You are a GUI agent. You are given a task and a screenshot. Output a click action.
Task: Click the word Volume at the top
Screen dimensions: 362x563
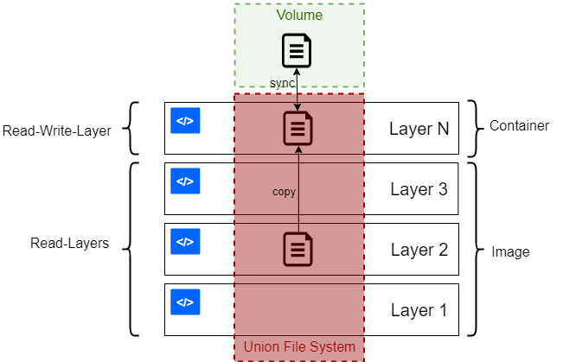pyautogui.click(x=298, y=16)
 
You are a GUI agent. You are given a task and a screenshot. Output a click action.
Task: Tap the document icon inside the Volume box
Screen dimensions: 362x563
pyautogui.click(x=297, y=50)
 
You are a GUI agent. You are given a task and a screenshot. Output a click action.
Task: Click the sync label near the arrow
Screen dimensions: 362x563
pyautogui.click(x=282, y=82)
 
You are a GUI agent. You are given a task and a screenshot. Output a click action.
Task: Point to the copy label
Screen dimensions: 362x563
pyautogui.click(x=284, y=192)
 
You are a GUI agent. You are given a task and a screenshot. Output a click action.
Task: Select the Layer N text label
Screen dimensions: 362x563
pyautogui.click(x=419, y=129)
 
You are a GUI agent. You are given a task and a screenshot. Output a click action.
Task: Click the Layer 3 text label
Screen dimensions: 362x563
pyautogui.click(x=419, y=189)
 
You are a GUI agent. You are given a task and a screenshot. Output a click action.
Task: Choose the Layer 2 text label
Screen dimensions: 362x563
pyautogui.click(x=419, y=250)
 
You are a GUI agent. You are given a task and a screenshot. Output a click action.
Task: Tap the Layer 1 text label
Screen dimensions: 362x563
pyautogui.click(x=419, y=310)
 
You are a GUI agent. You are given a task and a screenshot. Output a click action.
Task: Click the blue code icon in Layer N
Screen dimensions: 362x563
pyautogui.click(x=185, y=121)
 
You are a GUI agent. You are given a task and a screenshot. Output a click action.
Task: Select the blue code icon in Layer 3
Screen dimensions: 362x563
pyautogui.click(x=185, y=181)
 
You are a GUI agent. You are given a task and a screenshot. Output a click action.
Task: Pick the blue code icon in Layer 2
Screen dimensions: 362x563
pyautogui.click(x=185, y=242)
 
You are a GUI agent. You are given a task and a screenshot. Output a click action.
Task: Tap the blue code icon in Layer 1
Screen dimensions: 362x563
pyautogui.click(x=185, y=302)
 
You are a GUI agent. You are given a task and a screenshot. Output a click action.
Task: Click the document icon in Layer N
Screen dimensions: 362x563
pyautogui.click(x=298, y=129)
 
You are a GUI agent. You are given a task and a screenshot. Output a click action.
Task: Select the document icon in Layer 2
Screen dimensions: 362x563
pyautogui.click(x=298, y=250)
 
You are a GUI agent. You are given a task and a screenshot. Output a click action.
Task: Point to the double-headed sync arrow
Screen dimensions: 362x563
pyautogui.click(x=298, y=90)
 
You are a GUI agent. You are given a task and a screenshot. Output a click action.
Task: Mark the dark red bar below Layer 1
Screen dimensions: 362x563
pyautogui.click(x=298, y=349)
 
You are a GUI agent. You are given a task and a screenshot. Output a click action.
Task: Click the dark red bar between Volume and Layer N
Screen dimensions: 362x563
pyautogui.click(x=298, y=98)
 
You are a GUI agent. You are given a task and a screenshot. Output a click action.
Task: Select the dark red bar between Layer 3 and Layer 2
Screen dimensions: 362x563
pyautogui.click(x=298, y=219)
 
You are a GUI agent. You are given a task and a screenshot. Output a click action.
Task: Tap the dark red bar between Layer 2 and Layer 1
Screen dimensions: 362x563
pyautogui.click(x=298, y=280)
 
